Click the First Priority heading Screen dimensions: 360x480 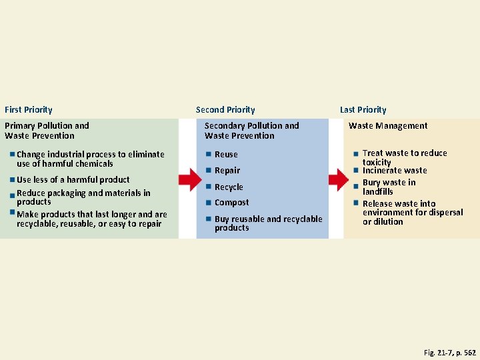click(28, 109)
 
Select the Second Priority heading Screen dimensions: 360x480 click(225, 109)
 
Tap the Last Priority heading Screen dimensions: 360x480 click(363, 109)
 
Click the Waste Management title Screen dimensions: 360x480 click(388, 125)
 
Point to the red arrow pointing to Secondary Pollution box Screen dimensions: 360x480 click(190, 179)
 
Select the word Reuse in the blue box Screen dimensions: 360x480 click(226, 154)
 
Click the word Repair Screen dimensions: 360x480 click(227, 170)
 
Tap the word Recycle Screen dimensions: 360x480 click(229, 187)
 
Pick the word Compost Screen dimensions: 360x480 click(231, 202)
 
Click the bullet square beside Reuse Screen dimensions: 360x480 click(209, 154)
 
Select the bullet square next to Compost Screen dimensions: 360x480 click(209, 202)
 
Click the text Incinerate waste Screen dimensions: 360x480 click(395, 170)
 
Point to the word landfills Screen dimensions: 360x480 click(378, 191)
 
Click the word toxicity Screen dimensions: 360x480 click(377, 162)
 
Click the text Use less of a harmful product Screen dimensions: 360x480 click(73, 179)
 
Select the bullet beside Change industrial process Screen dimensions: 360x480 click(12, 154)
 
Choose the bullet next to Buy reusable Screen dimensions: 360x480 click(209, 219)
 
